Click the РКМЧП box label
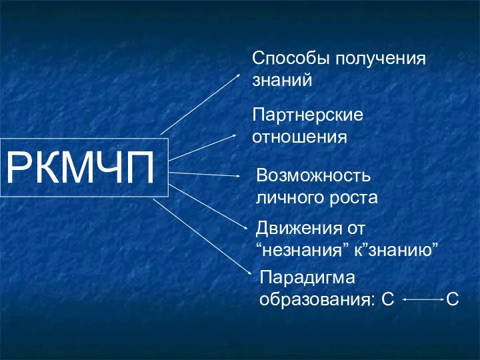coord(80,167)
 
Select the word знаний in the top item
coord(282,80)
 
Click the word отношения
coord(300,137)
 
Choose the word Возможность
coord(313,175)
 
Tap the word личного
coord(290,198)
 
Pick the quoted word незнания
coord(302,251)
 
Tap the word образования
coord(317,300)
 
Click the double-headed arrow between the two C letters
coord(423,300)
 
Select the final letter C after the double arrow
coord(453,299)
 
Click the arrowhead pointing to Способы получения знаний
coord(237,75)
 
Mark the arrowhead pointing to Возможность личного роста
coord(237,176)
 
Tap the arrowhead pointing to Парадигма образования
coord(249,273)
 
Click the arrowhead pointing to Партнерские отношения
coord(233,135)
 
